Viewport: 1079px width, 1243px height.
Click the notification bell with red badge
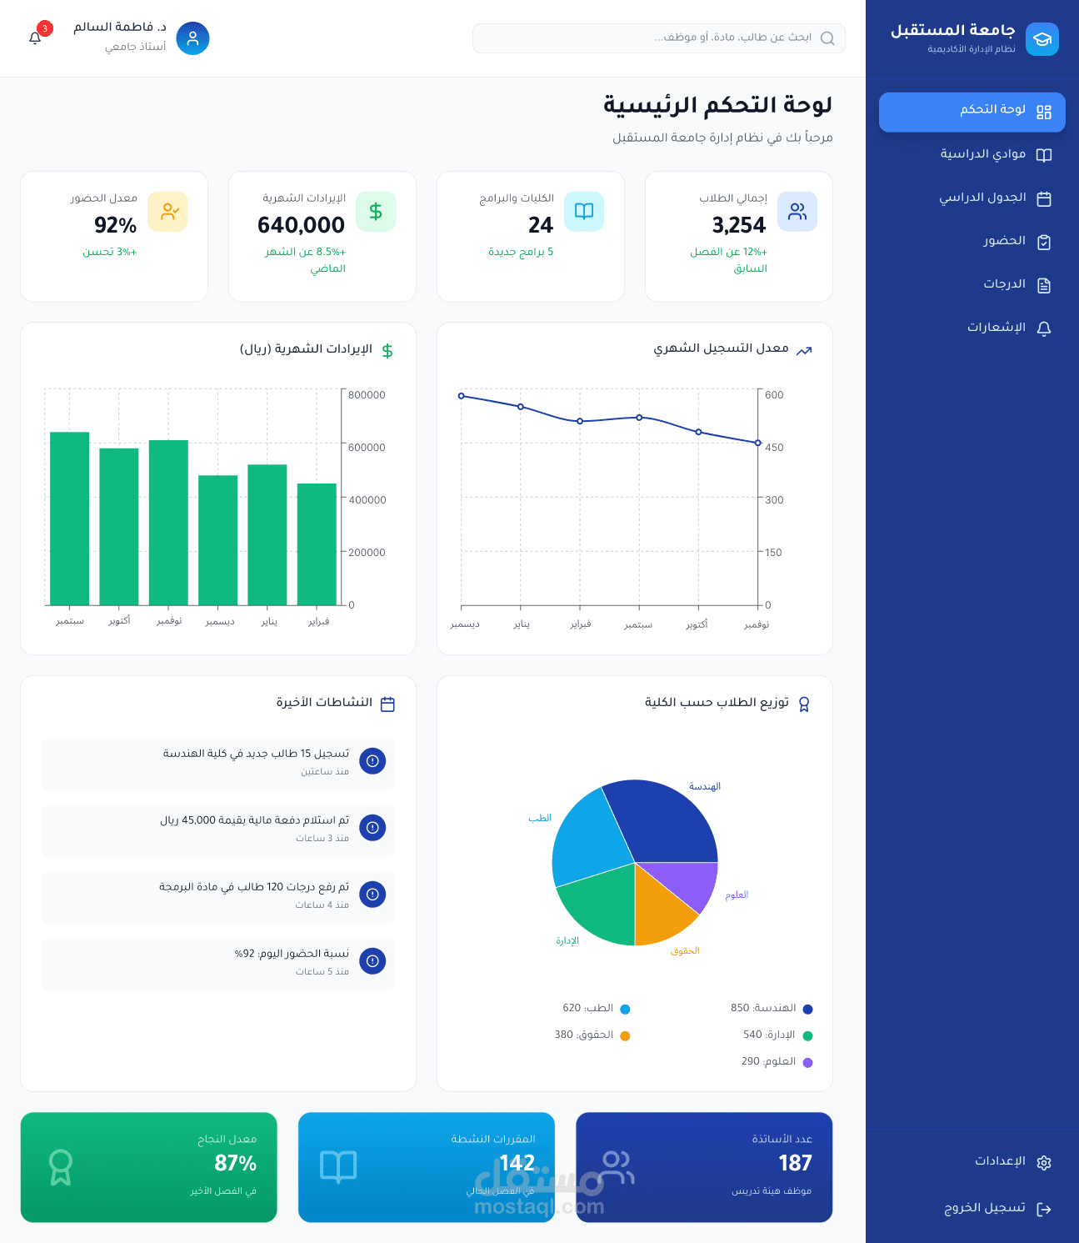(35, 38)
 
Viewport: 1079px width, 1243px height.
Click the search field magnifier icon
(827, 38)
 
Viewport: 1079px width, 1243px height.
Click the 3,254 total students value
(738, 225)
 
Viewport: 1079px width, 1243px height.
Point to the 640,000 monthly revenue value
(301, 225)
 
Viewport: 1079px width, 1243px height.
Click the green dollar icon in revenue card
(376, 212)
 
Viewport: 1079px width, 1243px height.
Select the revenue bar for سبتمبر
(70, 518)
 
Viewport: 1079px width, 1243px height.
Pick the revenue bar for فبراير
(317, 544)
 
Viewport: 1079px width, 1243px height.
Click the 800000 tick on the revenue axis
(367, 395)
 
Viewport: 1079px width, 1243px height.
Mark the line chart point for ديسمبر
(462, 396)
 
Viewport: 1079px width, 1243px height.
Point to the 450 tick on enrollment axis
(774, 448)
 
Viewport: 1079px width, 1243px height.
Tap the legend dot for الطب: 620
(625, 1009)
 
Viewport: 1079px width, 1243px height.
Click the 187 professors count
(795, 1163)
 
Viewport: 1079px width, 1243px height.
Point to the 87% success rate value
(236, 1163)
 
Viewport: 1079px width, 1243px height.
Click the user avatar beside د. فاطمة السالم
(192, 38)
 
